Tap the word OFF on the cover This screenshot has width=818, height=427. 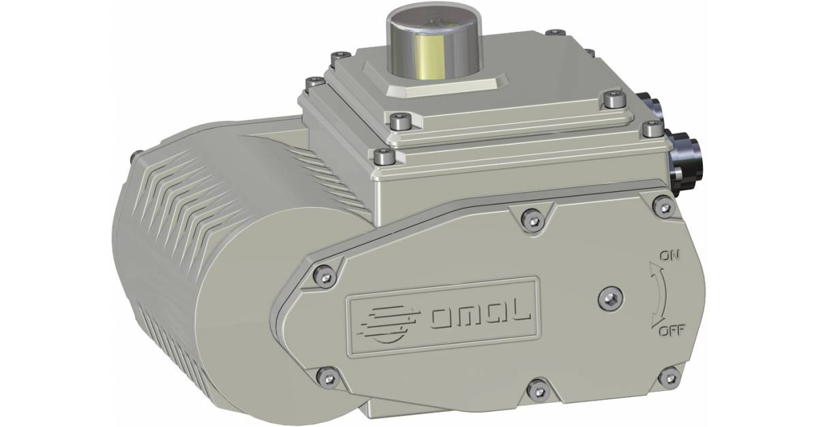pyautogui.click(x=671, y=332)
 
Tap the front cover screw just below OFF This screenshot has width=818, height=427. pyautogui.click(x=670, y=374)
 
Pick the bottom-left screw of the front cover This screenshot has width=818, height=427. pyautogui.click(x=328, y=375)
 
